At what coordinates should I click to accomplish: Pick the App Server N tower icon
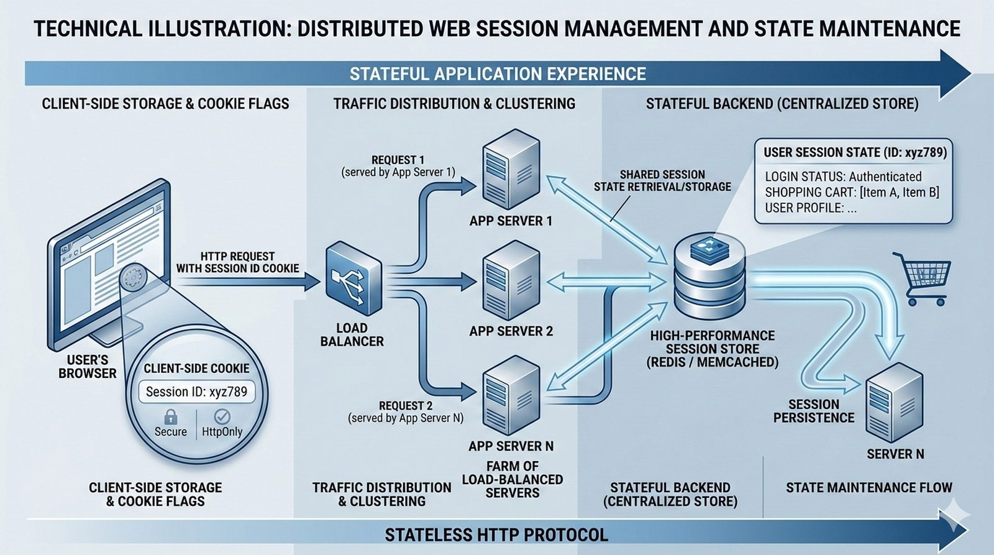(x=511, y=395)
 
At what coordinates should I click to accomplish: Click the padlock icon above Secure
(x=170, y=416)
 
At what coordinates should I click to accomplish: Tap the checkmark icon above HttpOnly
(x=222, y=416)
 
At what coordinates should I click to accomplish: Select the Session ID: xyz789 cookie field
(x=196, y=392)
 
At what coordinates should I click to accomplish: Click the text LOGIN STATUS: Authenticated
(x=843, y=177)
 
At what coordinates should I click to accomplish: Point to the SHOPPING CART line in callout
(x=852, y=193)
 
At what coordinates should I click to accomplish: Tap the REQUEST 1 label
(x=398, y=160)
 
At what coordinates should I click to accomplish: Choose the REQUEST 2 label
(x=406, y=406)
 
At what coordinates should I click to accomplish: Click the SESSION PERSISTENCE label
(x=813, y=411)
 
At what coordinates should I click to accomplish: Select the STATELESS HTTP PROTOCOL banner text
(x=496, y=534)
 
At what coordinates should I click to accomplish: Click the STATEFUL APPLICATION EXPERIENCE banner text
(x=497, y=74)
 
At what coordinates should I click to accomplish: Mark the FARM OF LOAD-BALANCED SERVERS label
(x=512, y=479)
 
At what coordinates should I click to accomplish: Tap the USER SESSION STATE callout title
(x=855, y=153)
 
